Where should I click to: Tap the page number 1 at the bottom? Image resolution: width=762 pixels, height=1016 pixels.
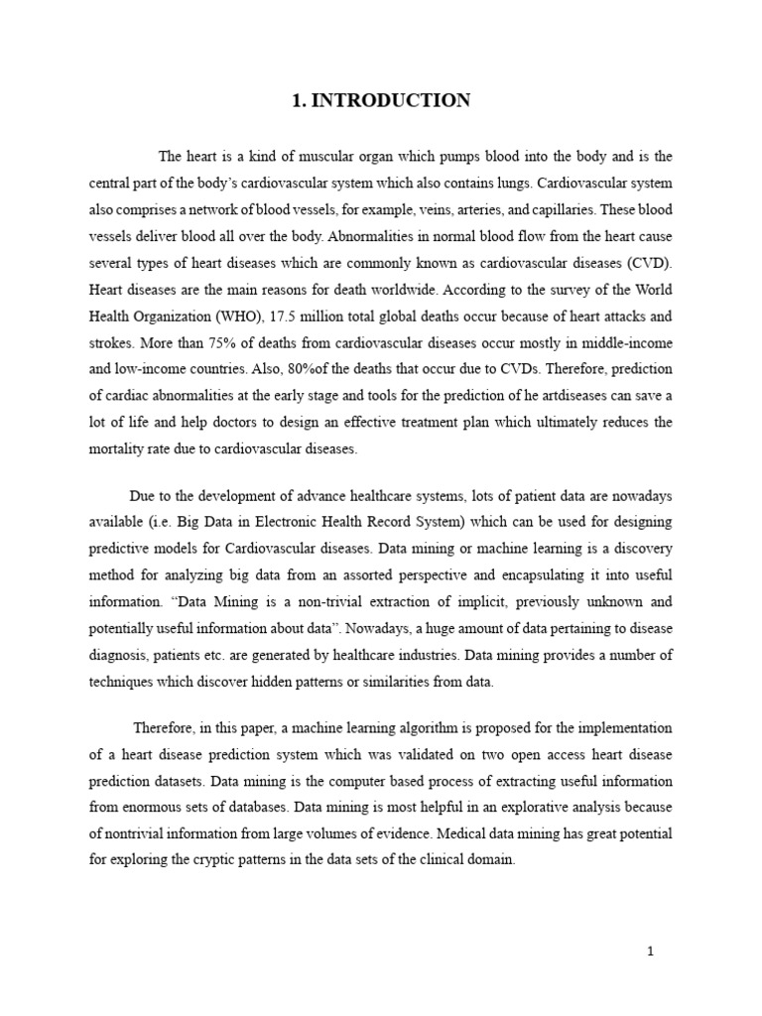pyautogui.click(x=650, y=952)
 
